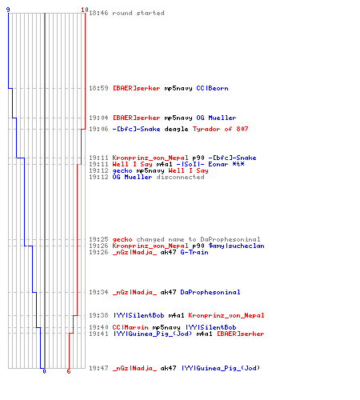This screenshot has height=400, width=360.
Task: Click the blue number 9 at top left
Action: point(8,10)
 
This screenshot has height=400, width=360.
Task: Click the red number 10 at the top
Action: point(85,10)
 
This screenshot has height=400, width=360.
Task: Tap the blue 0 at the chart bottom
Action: point(44,371)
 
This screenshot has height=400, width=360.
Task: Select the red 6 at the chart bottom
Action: point(69,371)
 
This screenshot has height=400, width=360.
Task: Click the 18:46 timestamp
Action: point(98,13)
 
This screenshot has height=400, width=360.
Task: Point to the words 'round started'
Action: point(138,13)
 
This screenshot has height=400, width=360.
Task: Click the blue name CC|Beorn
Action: point(212,88)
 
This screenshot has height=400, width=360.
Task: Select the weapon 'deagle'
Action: point(176,130)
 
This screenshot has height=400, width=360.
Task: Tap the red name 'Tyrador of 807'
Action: point(220,130)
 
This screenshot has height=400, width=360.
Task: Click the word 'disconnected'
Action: point(180,177)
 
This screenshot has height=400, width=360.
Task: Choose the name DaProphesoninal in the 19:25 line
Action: point(230,239)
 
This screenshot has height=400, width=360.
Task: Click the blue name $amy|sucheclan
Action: point(236,246)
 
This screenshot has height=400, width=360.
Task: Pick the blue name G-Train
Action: point(194,252)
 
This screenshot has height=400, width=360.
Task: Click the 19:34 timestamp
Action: point(98,292)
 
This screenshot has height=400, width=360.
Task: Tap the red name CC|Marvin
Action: point(130,327)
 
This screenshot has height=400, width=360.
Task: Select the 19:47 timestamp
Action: point(98,368)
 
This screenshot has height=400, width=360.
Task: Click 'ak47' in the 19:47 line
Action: point(168,368)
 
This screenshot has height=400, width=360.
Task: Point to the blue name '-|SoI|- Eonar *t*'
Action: point(210,164)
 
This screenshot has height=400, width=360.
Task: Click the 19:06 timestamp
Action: point(98,130)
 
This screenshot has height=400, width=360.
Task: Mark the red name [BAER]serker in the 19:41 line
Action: point(240,334)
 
